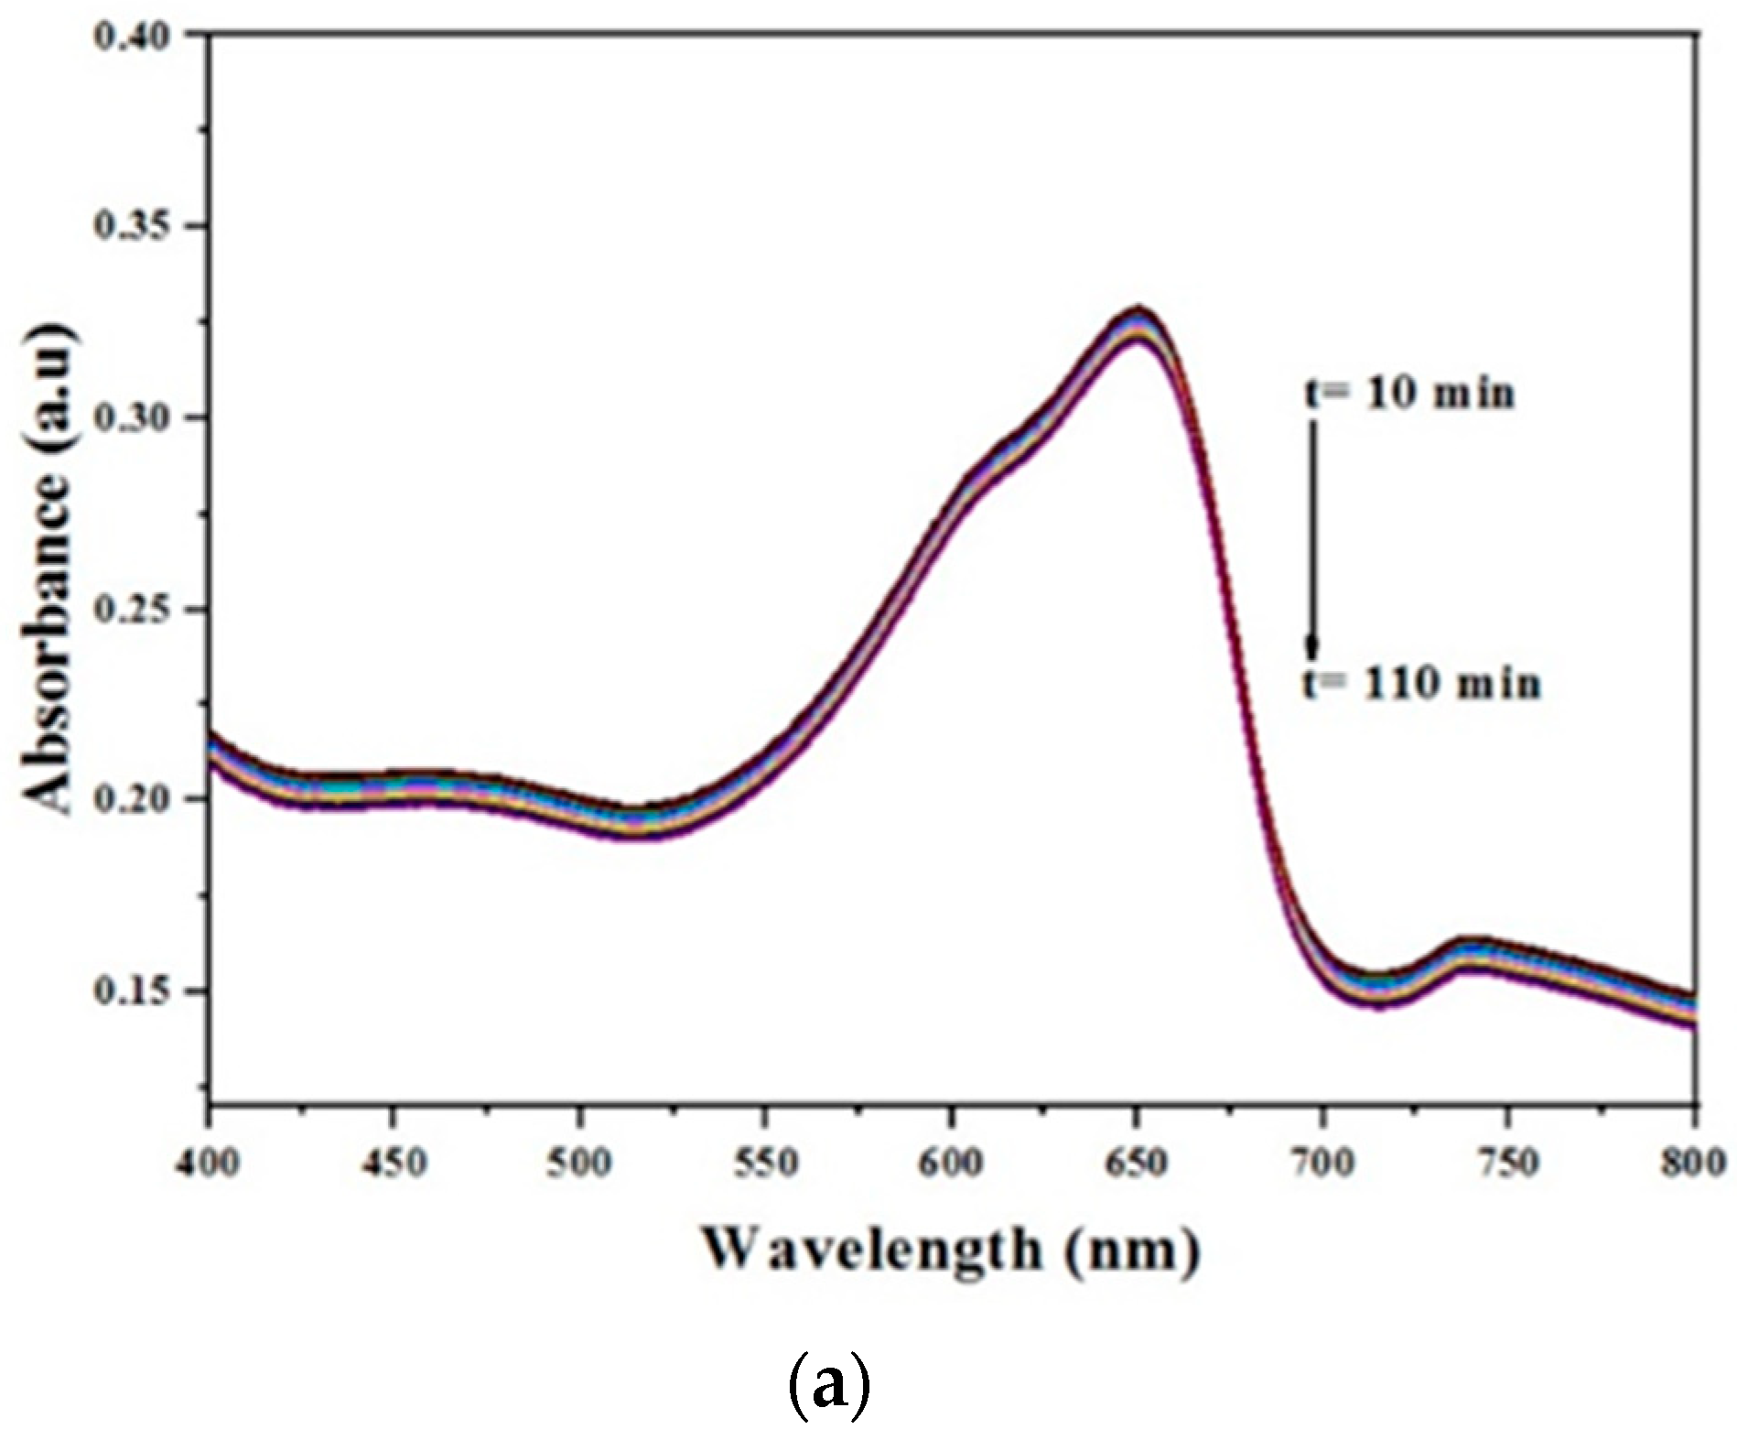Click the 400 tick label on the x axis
click(x=210, y=1164)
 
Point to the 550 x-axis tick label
click(x=766, y=1164)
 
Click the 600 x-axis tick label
click(x=952, y=1164)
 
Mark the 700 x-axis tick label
click(x=1323, y=1164)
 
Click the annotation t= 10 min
click(x=1409, y=394)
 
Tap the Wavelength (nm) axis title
click(x=951, y=1251)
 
